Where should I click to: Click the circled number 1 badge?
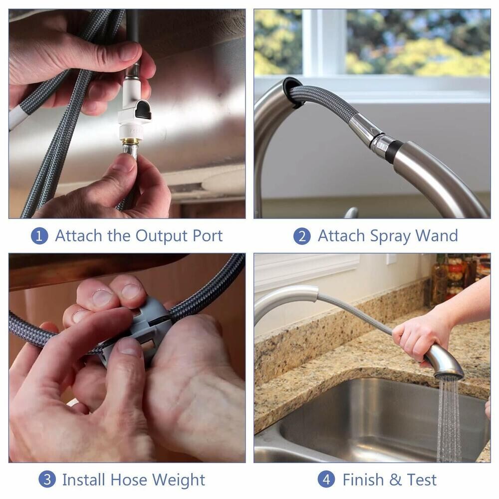[39, 236]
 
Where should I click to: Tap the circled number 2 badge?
[302, 236]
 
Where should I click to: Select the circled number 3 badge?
[47, 480]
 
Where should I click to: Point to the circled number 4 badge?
[326, 480]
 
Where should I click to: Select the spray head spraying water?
[444, 362]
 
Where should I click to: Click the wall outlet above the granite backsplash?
[391, 260]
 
